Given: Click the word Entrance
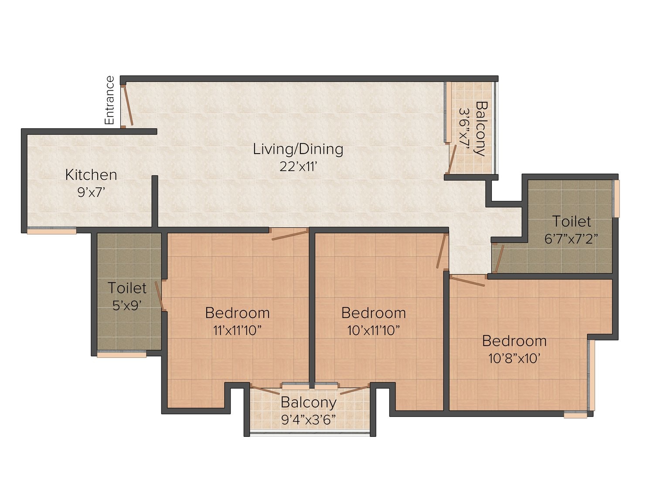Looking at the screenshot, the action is pos(109,100).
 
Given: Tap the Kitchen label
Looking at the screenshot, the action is pos(91,175).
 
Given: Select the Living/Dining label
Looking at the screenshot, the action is pos(298,150).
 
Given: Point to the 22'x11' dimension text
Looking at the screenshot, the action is pos(298,167).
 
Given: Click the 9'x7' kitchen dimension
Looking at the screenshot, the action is pos(91,192).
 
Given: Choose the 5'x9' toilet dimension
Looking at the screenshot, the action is pos(127,305).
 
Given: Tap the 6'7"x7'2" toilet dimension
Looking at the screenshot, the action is pos(571,239).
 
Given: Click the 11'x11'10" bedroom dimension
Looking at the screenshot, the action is pos(238,330).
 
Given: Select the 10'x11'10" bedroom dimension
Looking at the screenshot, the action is pos(373,330).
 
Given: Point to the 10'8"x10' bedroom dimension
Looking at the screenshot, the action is pos(514,358).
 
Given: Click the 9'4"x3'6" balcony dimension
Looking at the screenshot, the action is pos(308,420).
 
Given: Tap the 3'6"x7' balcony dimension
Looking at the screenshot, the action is pos(464,129).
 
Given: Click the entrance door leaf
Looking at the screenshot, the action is pos(128,106).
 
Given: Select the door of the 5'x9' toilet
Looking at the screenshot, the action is pos(159,296).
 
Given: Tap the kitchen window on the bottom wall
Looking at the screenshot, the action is pos(51,231).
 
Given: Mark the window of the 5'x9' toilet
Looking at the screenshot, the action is pos(122,354).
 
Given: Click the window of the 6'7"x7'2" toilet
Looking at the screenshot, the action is pos(616,198).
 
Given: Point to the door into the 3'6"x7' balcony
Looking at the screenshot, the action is pos(452,159).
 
